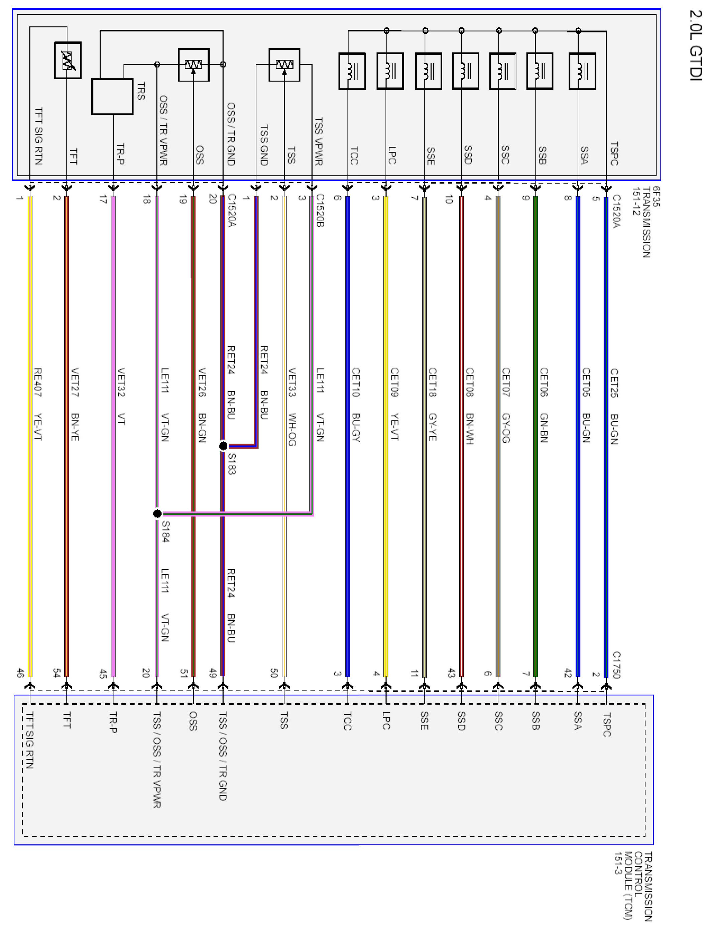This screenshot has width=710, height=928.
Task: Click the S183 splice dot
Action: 223,446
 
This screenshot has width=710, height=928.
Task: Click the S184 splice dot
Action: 157,513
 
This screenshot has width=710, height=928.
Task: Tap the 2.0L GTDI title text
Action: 695,45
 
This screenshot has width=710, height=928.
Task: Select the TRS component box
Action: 112,96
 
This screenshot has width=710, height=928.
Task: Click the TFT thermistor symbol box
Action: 68,60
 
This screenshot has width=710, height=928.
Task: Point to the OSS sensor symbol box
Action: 194,65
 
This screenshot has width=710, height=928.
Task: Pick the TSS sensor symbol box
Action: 284,65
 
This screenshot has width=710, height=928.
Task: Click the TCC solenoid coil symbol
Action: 352,71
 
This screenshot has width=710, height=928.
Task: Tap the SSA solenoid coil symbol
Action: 582,71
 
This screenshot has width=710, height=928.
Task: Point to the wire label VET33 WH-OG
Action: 291,407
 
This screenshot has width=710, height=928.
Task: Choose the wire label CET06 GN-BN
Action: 544,405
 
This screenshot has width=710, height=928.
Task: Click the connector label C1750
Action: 617,665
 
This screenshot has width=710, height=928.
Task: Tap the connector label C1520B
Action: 320,210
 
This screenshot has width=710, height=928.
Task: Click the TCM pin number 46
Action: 20,673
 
